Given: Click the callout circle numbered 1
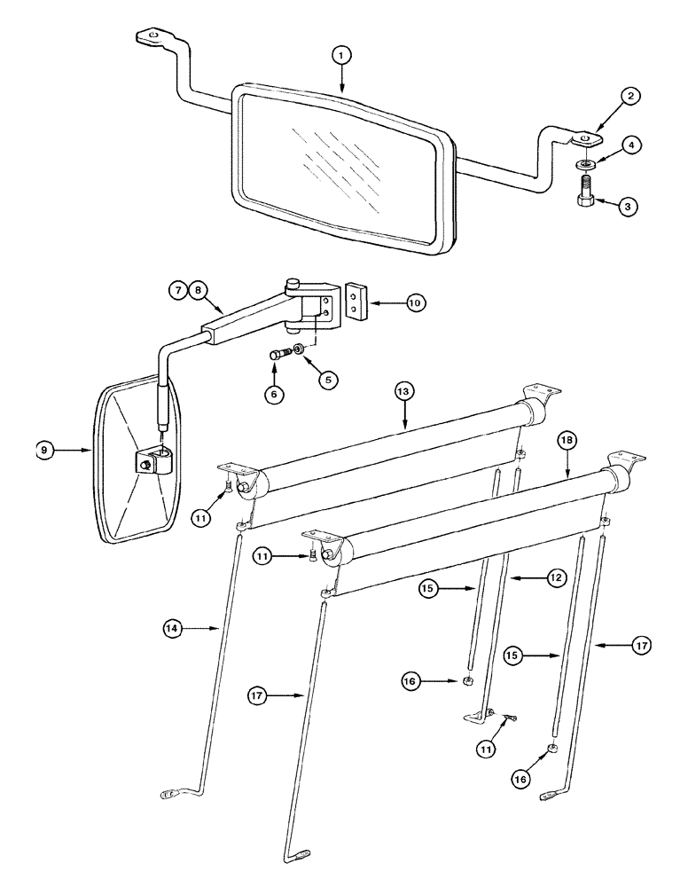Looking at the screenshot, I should (343, 56).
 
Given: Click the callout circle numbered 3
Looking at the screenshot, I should (626, 207).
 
